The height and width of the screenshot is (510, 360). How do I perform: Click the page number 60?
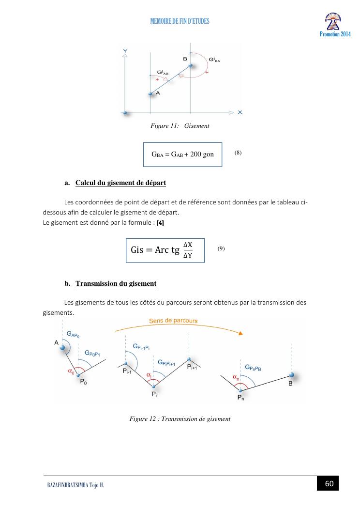pyautogui.click(x=329, y=484)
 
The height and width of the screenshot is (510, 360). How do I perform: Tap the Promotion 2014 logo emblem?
pyautogui.click(x=335, y=21)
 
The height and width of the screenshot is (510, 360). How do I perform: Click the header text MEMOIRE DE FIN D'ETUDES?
pyautogui.click(x=180, y=21)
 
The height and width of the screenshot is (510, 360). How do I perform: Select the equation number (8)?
pyautogui.click(x=238, y=153)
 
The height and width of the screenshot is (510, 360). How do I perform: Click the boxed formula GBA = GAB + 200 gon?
pyautogui.click(x=183, y=155)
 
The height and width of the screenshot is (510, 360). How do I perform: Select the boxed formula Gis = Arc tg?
pyautogui.click(x=165, y=250)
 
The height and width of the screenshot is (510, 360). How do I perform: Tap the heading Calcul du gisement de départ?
pyautogui.click(x=120, y=183)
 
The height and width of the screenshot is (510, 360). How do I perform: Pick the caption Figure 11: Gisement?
pyautogui.click(x=180, y=126)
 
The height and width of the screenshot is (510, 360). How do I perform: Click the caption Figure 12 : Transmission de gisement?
pyautogui.click(x=180, y=418)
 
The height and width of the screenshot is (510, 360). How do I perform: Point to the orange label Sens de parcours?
pyautogui.click(x=173, y=321)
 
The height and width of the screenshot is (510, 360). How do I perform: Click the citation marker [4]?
pyautogui.click(x=160, y=223)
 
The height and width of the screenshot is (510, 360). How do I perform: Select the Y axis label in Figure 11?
pyautogui.click(x=125, y=50)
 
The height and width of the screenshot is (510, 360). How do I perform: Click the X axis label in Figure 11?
pyautogui.click(x=240, y=112)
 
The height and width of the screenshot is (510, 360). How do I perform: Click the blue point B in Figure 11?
pyautogui.click(x=191, y=65)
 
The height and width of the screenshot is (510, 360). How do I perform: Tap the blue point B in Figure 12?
pyautogui.click(x=291, y=375)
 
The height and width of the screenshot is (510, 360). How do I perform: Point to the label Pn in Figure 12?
pyautogui.click(x=240, y=398)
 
